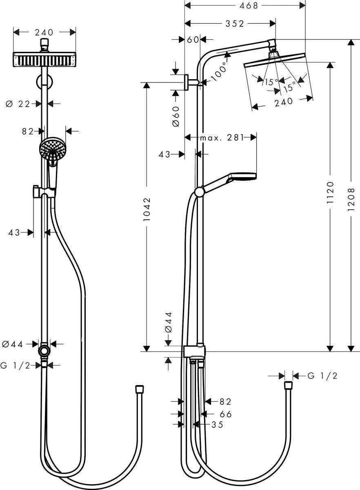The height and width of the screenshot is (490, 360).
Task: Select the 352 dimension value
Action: tap(235, 24)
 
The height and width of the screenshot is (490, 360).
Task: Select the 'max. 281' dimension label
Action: tap(221, 138)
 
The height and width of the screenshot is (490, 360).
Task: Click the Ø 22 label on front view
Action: tap(18, 104)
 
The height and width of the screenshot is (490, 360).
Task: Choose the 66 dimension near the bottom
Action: tap(225, 414)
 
